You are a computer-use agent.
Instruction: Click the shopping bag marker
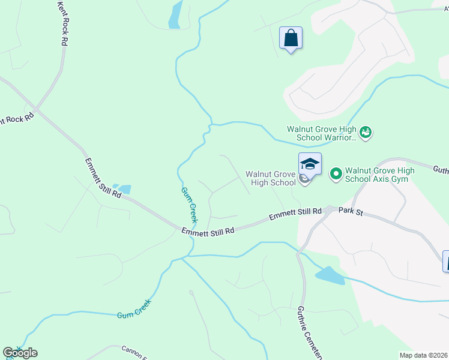(x=291, y=38)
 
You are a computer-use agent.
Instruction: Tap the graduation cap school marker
(x=310, y=164)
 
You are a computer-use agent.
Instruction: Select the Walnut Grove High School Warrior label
(x=322, y=133)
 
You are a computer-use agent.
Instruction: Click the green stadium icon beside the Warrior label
(x=366, y=131)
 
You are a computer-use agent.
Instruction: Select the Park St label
(x=352, y=211)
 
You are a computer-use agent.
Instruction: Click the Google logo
(x=20, y=353)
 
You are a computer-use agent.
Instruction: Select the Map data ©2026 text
(x=424, y=355)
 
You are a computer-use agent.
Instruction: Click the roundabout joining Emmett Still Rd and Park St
(x=329, y=210)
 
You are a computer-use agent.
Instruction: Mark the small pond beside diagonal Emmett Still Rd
(x=123, y=190)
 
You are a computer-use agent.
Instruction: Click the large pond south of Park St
(x=330, y=275)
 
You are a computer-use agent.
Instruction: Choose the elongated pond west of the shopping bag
(x=175, y=15)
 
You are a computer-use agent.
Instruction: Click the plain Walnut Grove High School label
(x=270, y=178)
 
